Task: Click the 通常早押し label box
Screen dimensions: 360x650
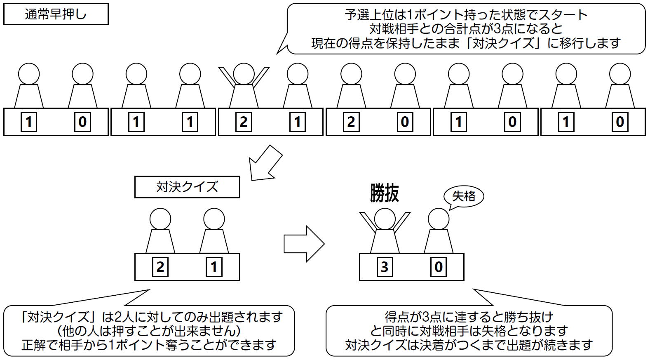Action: [x=56, y=14]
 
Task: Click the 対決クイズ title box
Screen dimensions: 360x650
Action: [x=187, y=187]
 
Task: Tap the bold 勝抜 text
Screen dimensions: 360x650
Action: [x=384, y=193]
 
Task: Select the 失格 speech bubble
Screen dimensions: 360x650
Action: [x=464, y=196]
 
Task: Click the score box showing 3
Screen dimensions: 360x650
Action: [x=385, y=267]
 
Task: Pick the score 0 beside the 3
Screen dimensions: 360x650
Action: [x=439, y=267]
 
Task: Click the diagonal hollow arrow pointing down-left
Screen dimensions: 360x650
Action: [x=266, y=163]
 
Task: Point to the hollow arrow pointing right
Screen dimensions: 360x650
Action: [x=304, y=244]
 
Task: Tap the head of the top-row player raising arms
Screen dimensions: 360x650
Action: [x=244, y=74]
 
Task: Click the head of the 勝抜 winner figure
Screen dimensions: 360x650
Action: [x=385, y=219]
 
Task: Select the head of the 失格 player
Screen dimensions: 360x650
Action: [x=439, y=219]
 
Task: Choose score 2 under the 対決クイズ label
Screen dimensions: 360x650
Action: [x=160, y=267]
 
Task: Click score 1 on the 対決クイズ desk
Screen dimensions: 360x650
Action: [x=214, y=267]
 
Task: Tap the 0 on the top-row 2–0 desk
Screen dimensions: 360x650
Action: [x=405, y=122]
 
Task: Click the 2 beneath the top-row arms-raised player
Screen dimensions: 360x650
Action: [x=244, y=122]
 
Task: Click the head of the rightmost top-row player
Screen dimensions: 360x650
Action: [x=620, y=74]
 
